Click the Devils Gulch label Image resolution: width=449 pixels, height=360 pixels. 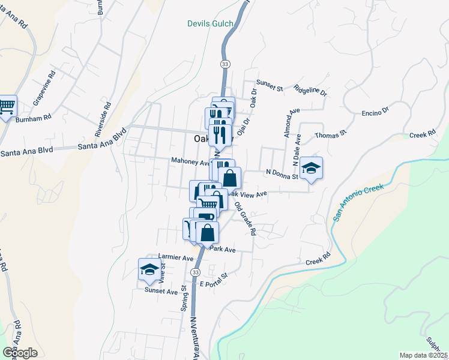[x=210, y=24]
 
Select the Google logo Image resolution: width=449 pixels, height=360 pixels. [x=20, y=353]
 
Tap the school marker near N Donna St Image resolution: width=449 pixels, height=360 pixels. [x=312, y=168]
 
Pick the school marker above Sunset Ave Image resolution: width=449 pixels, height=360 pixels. [x=149, y=269]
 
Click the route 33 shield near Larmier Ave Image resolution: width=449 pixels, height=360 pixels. [x=195, y=272]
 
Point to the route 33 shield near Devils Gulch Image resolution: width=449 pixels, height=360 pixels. [x=224, y=64]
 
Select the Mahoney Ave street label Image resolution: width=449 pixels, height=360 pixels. [x=190, y=161]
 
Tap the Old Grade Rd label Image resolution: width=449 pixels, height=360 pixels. [x=246, y=218]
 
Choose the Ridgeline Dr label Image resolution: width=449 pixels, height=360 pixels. [x=310, y=89]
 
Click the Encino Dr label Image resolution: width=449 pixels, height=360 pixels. [x=376, y=111]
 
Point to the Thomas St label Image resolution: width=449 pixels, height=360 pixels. [x=331, y=133]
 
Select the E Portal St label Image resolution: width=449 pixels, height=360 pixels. [x=214, y=280]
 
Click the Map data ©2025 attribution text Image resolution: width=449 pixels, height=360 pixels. [x=424, y=355]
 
